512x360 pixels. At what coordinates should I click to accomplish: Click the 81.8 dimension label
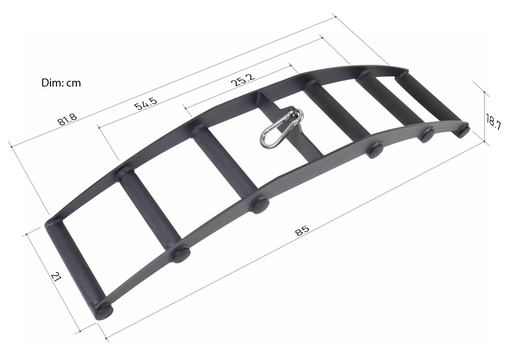68,122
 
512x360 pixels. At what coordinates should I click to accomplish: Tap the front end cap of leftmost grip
103,310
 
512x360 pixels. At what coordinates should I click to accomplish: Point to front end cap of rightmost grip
461,130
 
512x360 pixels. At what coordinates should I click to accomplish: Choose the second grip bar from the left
150,211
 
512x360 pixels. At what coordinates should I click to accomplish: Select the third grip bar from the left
224,167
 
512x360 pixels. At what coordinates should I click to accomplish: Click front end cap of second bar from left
181,254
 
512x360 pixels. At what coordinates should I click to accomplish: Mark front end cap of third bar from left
259,205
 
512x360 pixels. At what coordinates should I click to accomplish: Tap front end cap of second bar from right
426,134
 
